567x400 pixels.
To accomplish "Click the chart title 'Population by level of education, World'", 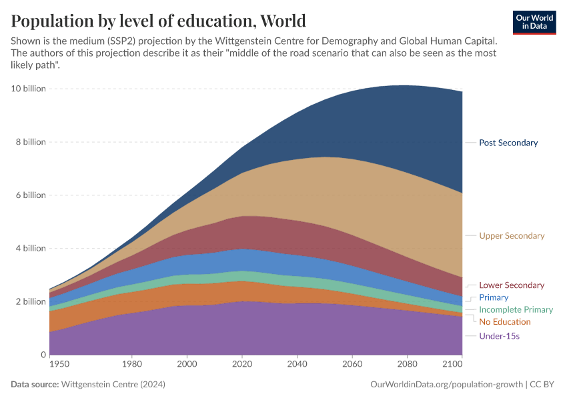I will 159,21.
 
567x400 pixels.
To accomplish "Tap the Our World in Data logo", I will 534,22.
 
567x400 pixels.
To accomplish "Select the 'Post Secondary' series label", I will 508,143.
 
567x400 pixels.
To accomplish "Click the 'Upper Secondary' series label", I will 512,236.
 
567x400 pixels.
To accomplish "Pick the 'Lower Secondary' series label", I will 512,285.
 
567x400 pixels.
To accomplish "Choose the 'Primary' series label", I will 494,297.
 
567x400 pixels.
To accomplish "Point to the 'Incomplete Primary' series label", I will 516,310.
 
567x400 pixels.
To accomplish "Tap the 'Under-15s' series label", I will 499,336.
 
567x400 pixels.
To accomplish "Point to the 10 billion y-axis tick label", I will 28,89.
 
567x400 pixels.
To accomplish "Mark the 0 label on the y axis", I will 42,355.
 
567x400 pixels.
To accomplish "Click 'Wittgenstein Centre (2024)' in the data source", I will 113,385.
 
